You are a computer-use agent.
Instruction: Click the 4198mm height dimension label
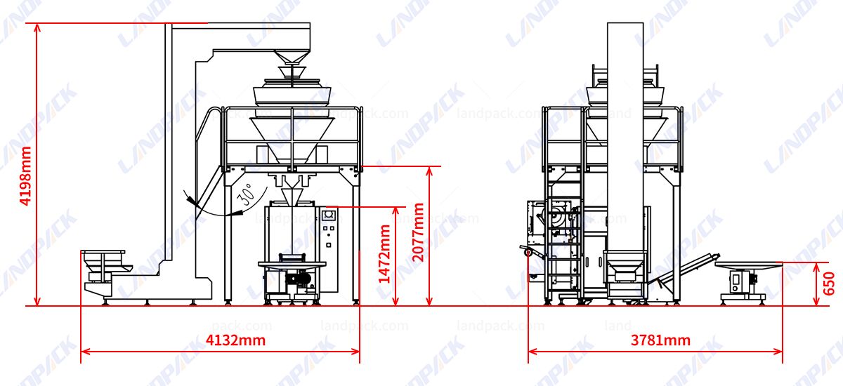click(25, 175)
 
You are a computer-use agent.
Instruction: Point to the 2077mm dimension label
click(419, 232)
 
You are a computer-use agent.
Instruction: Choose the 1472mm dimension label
click(385, 253)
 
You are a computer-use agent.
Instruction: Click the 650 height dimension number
click(830, 284)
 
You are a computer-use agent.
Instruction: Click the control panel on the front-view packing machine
click(329, 228)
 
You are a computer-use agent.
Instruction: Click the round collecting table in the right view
click(747, 265)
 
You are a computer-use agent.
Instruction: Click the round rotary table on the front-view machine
click(292, 264)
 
